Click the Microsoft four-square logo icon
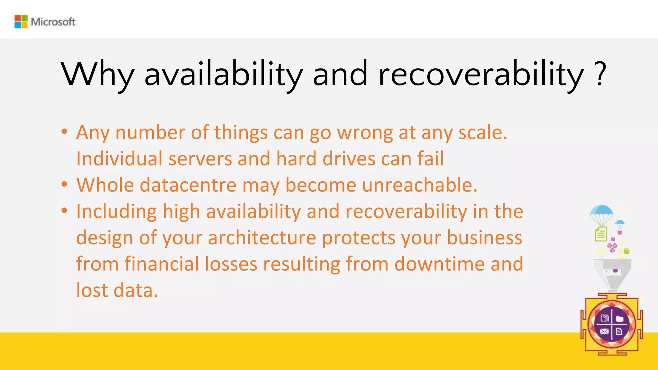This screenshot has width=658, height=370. click(x=21, y=22)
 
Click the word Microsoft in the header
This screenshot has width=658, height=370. click(x=53, y=22)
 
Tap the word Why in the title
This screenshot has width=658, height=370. click(x=97, y=75)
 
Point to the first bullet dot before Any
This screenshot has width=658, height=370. click(x=64, y=131)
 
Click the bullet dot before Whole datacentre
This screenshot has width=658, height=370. click(x=64, y=184)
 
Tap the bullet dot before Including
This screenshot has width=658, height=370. click(x=64, y=210)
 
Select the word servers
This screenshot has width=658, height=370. click(x=200, y=159)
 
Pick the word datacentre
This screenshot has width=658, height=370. click(x=188, y=185)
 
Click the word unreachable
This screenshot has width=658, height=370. click(x=419, y=185)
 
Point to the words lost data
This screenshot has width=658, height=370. click(x=117, y=290)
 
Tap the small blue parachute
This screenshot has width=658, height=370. click(x=619, y=223)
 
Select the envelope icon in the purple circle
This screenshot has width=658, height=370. click(x=604, y=331)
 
